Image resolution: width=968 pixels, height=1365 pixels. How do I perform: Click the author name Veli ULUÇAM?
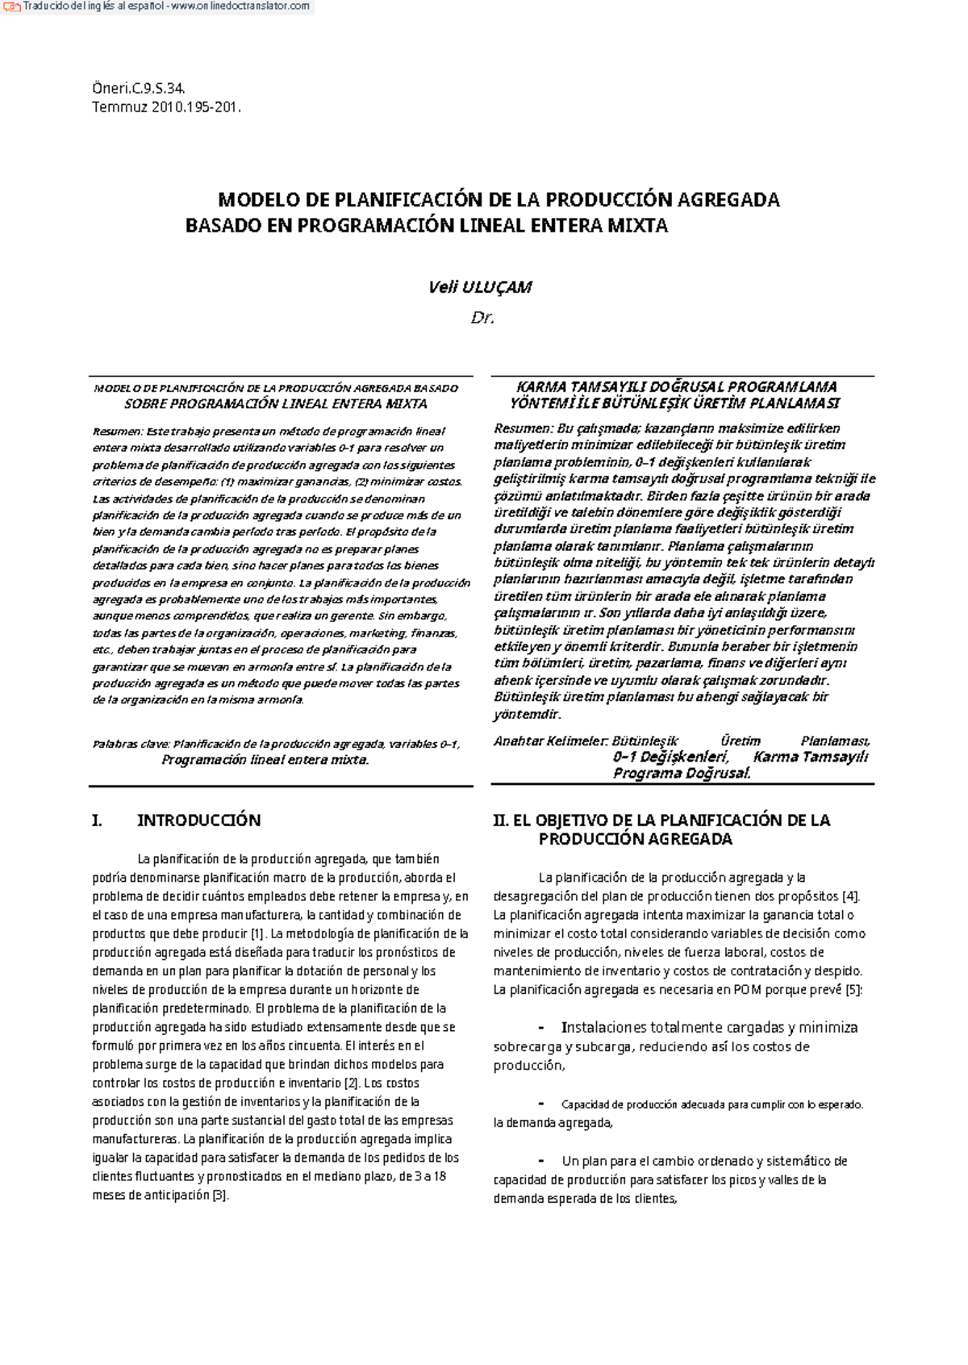(x=481, y=286)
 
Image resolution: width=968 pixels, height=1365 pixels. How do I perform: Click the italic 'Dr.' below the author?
(x=482, y=318)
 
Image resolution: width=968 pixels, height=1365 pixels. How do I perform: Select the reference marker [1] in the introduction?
(x=257, y=933)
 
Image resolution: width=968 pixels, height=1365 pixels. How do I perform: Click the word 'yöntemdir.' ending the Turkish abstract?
(x=527, y=714)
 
